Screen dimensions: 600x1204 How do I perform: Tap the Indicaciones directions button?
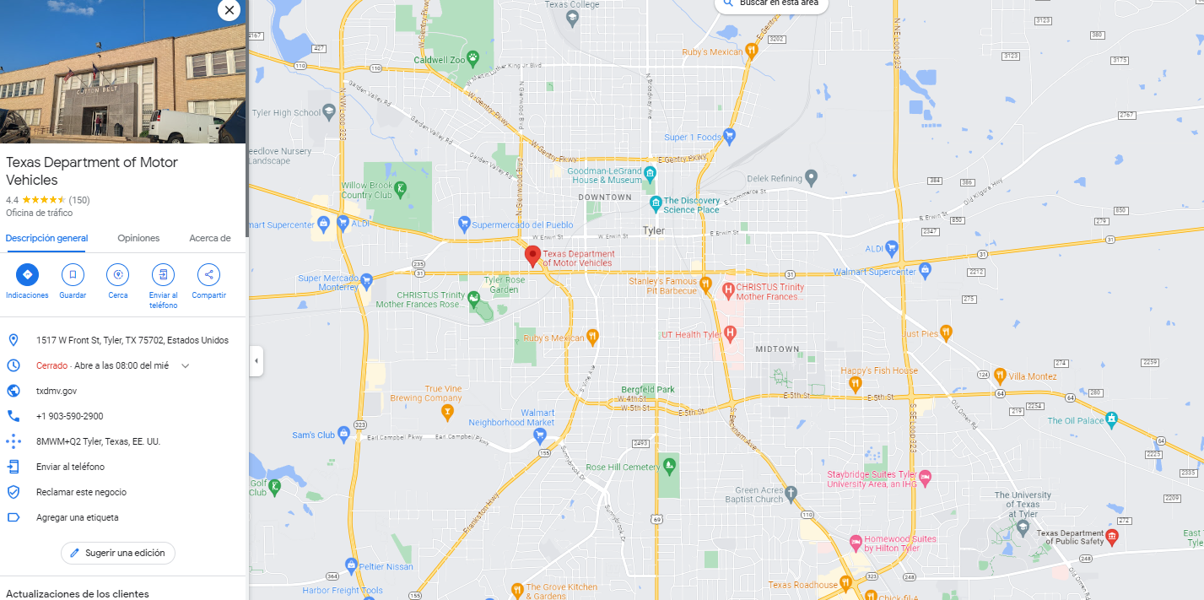pyautogui.click(x=27, y=274)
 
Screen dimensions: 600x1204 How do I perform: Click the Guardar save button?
pyautogui.click(x=73, y=274)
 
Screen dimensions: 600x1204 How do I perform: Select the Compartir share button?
pyautogui.click(x=208, y=274)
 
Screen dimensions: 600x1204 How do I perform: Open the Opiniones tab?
pyautogui.click(x=138, y=238)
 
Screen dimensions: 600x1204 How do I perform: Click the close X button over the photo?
pyautogui.click(x=229, y=10)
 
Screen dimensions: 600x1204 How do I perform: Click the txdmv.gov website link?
pyautogui.click(x=57, y=391)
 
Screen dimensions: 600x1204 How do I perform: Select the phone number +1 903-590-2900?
pyautogui.click(x=69, y=416)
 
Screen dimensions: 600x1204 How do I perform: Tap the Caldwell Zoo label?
pyautogui.click(x=440, y=60)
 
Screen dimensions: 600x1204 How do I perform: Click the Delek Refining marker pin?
pyautogui.click(x=811, y=178)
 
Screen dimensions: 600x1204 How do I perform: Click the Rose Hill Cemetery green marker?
pyautogui.click(x=669, y=463)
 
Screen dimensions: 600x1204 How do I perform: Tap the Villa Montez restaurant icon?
pyautogui.click(x=1000, y=376)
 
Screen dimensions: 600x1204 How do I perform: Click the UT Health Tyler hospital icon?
pyautogui.click(x=731, y=334)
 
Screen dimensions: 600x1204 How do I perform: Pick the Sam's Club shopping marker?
pyautogui.click(x=344, y=435)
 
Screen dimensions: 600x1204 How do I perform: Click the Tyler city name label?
pyautogui.click(x=654, y=230)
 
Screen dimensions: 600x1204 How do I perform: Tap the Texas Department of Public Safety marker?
pyautogui.click(x=1112, y=537)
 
